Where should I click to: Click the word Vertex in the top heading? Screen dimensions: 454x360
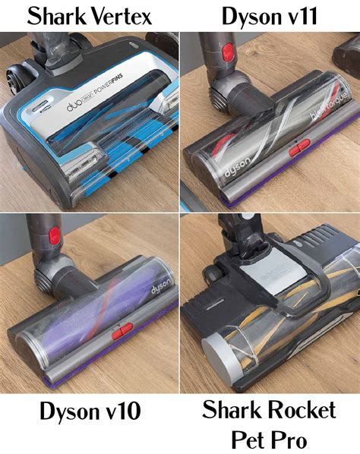coord(122,15)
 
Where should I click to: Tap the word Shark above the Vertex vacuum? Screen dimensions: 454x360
coord(55,15)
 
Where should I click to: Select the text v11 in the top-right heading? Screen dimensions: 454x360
coord(311,15)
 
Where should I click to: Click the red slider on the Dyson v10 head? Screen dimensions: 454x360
coord(119,333)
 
